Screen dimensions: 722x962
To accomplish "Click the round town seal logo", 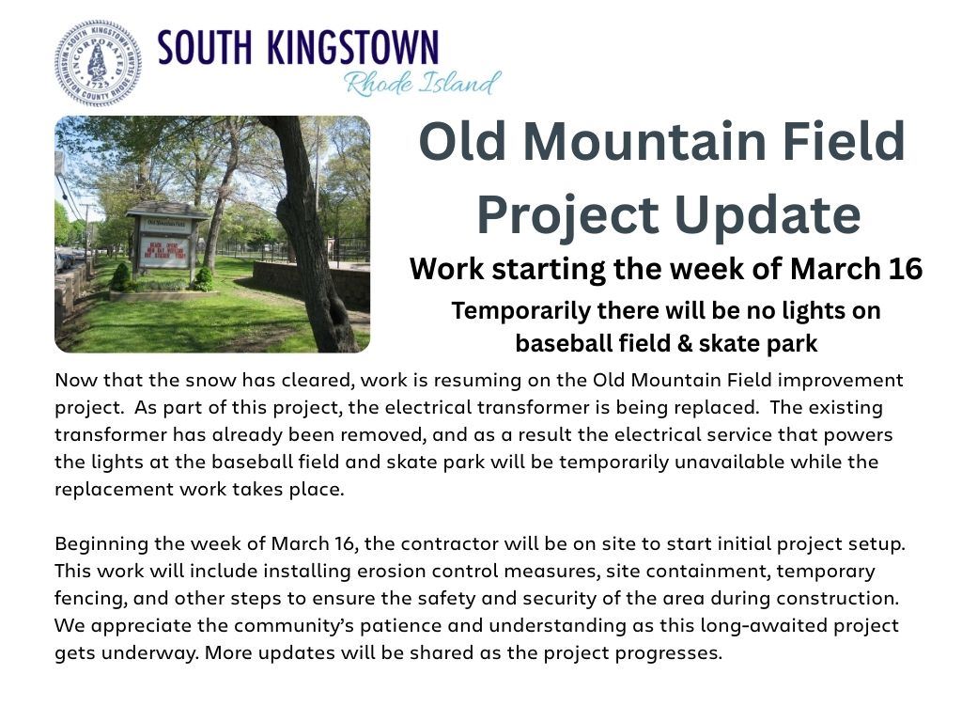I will [98, 63].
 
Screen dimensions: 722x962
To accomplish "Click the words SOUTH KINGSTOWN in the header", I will [298, 48].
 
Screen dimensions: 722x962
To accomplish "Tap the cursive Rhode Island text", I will [422, 83].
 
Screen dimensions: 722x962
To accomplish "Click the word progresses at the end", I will [672, 652].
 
